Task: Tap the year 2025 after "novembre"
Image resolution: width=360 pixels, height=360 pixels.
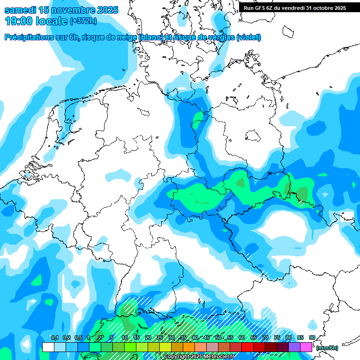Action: [104, 9]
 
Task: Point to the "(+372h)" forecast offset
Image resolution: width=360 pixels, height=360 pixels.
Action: [83, 21]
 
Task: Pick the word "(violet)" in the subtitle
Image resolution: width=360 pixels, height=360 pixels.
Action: [248, 37]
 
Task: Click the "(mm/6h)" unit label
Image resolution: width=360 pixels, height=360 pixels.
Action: [327, 348]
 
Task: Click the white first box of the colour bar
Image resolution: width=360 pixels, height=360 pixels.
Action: [48, 347]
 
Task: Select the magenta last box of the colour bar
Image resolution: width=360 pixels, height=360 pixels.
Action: [306, 347]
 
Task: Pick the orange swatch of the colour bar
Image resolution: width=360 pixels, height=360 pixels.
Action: [189, 347]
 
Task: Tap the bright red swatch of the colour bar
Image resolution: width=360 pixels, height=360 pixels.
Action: [247, 347]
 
